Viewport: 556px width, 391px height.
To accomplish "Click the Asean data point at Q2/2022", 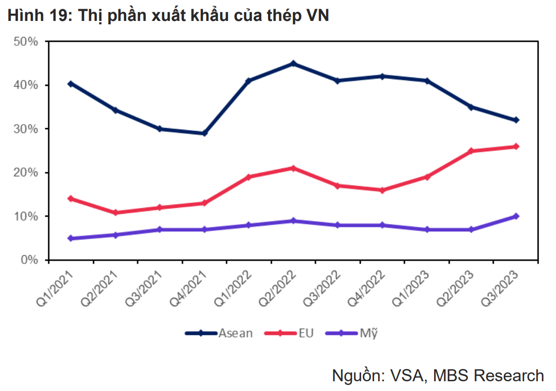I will (293, 63).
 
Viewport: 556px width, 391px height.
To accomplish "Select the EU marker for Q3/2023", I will (516, 146).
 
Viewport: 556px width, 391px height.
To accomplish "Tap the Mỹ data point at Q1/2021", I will (71, 238).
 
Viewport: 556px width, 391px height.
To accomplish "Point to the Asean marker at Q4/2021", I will (204, 133).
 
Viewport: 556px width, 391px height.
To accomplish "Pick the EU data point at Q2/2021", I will (115, 212).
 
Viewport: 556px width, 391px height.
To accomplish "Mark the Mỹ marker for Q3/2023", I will (516, 216).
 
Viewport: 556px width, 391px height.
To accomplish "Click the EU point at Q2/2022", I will (293, 168).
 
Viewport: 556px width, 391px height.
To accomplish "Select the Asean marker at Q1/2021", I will (71, 84).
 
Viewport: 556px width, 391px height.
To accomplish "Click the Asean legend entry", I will (219, 333).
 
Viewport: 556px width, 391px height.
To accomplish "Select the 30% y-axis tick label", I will (26, 129).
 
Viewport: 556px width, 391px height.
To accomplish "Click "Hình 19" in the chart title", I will (35, 16).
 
